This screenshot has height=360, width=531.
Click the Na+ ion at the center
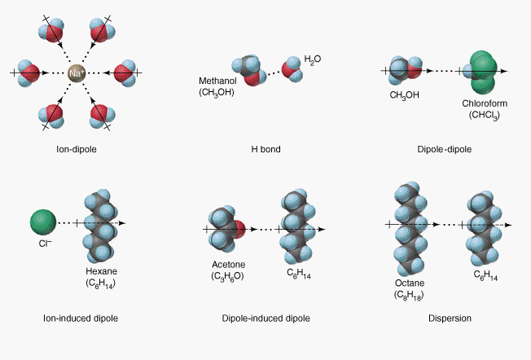click(76, 72)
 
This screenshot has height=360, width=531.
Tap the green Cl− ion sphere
click(43, 221)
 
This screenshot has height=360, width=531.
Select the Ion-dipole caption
click(76, 150)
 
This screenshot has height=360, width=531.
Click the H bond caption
click(265, 150)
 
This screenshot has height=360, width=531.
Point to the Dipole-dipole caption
click(444, 150)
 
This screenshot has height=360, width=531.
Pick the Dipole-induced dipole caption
click(265, 318)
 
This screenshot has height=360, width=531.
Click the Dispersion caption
click(450, 318)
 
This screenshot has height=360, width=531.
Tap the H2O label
click(313, 60)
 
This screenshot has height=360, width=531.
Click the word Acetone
click(228, 265)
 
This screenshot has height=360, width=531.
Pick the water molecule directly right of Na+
click(124, 72)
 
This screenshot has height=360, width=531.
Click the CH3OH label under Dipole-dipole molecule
click(403, 96)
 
